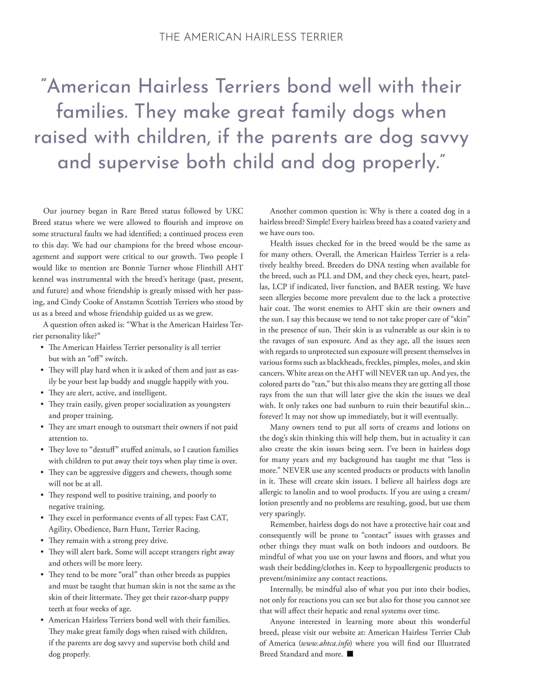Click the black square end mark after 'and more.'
350,654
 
